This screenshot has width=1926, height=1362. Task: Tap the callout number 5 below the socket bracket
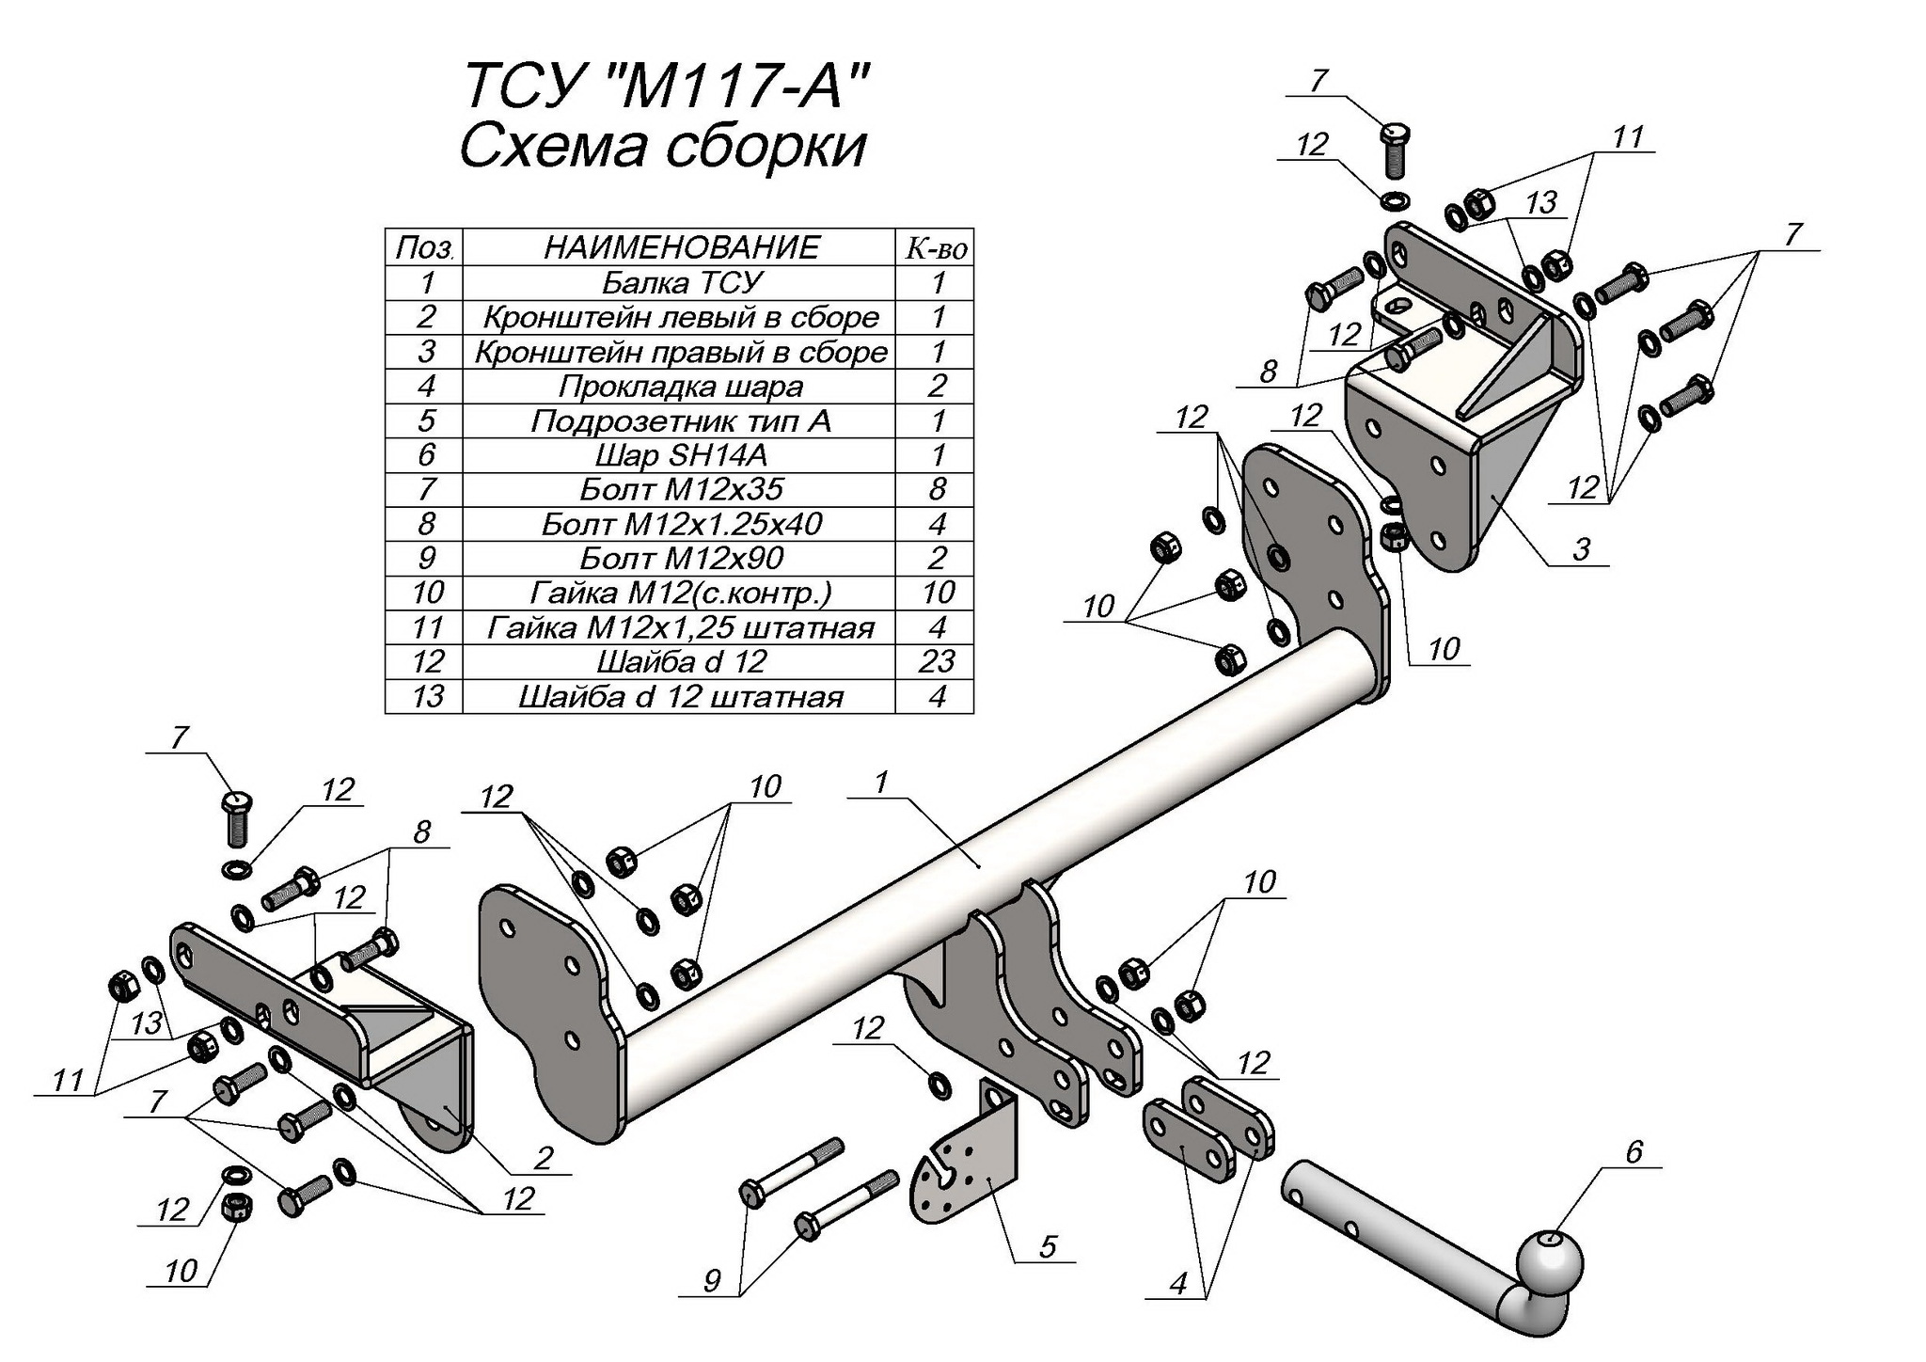click(1049, 1246)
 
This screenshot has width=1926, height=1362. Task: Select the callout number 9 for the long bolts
click(712, 1280)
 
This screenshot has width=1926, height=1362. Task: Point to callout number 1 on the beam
click(880, 783)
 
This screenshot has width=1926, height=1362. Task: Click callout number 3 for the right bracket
click(1582, 549)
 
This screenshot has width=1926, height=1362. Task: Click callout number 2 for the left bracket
click(542, 1158)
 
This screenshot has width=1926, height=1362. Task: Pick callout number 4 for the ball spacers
click(1179, 1283)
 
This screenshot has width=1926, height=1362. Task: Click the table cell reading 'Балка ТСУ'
click(681, 282)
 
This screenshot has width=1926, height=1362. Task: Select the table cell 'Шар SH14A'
click(681, 455)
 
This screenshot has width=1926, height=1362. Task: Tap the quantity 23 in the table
click(937, 661)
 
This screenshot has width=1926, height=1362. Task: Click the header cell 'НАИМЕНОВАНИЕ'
click(681, 247)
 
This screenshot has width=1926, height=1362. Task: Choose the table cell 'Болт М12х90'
click(681, 558)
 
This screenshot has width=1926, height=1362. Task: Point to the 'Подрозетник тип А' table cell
click(681, 420)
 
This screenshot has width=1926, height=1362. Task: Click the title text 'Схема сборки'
click(662, 148)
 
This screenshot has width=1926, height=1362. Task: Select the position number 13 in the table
click(427, 696)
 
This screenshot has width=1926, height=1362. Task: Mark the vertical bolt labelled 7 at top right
click(1394, 150)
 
